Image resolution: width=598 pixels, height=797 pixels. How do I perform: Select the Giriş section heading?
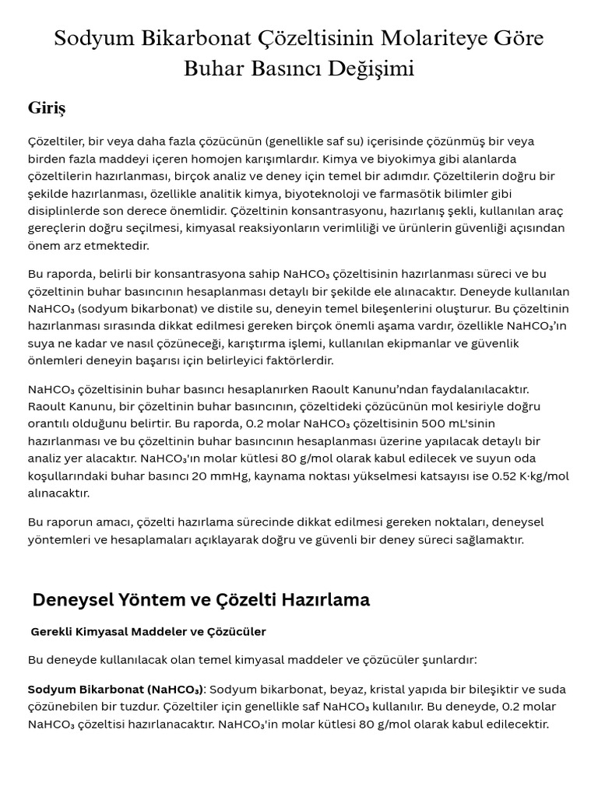click(x=47, y=107)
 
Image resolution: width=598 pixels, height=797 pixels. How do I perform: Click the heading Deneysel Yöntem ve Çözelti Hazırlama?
click(x=201, y=599)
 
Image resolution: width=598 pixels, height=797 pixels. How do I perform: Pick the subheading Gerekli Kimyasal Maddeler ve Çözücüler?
click(x=148, y=631)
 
